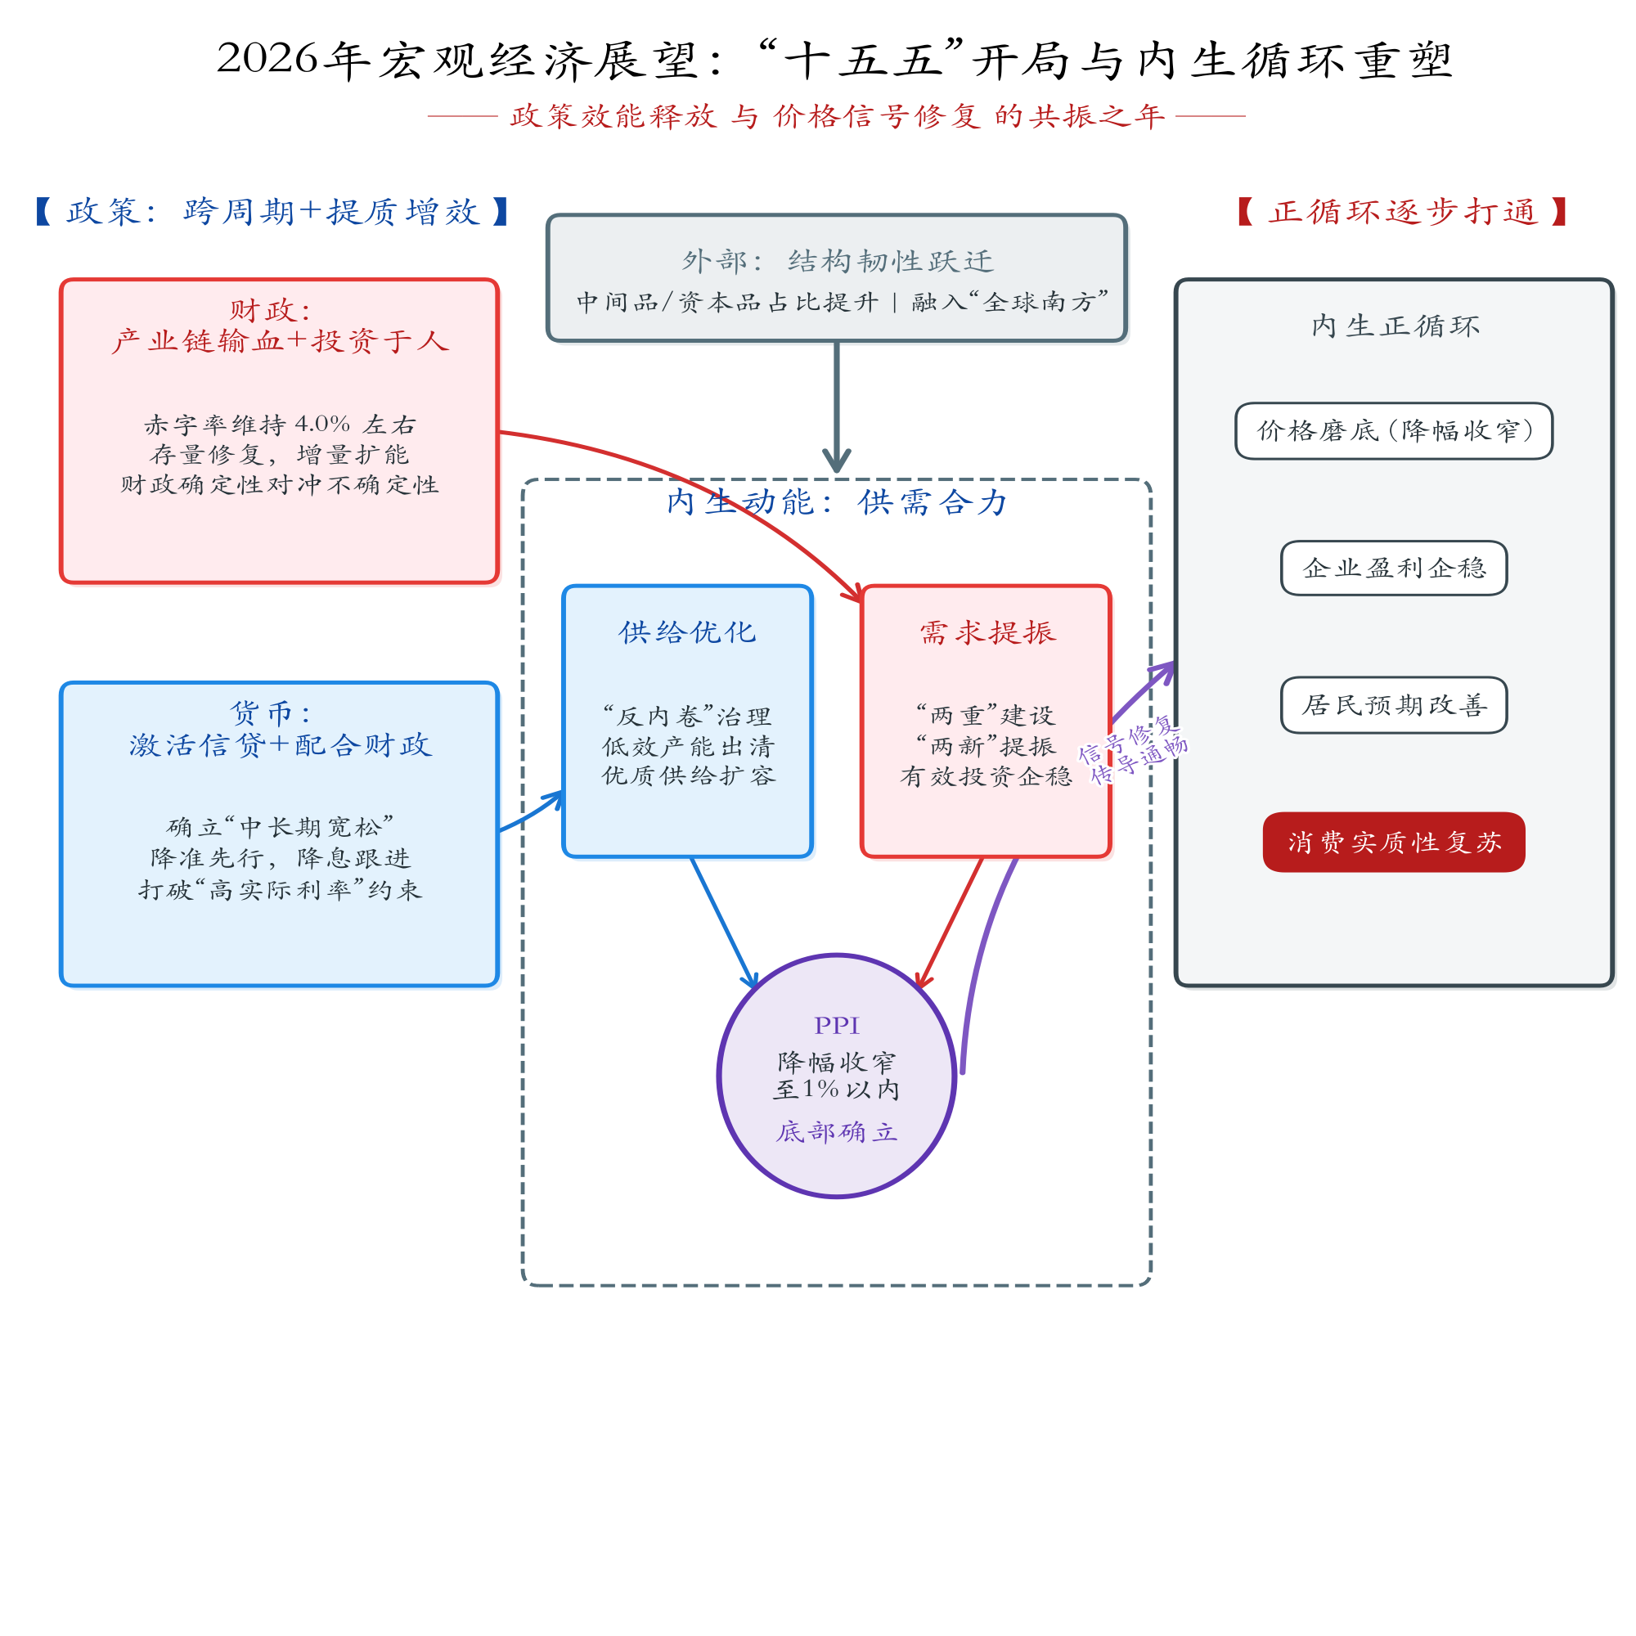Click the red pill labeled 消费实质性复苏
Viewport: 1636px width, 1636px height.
click(1393, 842)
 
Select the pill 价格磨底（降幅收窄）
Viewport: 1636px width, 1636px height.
click(1393, 431)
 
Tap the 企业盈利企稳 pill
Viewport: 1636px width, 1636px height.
click(1393, 568)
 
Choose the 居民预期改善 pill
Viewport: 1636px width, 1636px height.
click(1393, 704)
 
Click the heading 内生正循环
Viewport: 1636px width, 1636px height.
click(1395, 326)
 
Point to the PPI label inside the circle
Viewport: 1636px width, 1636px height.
click(836, 1026)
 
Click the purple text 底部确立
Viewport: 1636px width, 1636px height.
click(836, 1132)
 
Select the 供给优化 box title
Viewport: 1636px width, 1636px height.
click(687, 631)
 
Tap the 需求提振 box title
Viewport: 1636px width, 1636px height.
click(987, 631)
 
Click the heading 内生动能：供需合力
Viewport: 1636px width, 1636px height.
click(836, 502)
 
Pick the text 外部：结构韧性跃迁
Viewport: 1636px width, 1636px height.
click(837, 261)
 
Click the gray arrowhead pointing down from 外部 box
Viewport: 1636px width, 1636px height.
click(837, 461)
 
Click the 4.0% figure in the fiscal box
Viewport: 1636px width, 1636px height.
click(321, 424)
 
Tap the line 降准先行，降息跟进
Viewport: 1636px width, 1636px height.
click(280, 858)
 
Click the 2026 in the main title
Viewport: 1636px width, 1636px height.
click(267, 59)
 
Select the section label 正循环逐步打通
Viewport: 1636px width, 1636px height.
click(1402, 212)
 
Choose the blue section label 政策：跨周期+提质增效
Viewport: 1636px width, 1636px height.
click(272, 212)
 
